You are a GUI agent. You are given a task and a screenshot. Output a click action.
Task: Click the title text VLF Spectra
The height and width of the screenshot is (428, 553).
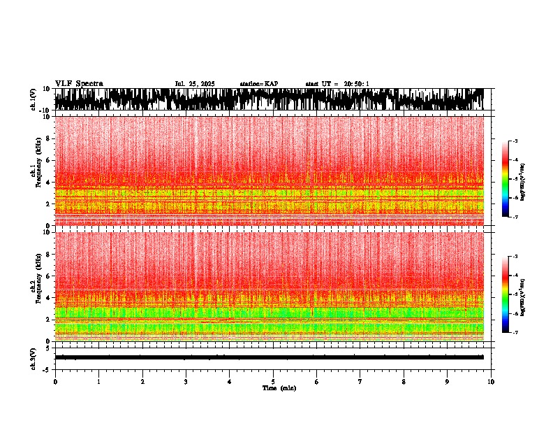click(x=79, y=84)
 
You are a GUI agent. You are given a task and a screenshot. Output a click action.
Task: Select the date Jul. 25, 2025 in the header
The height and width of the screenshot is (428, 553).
click(x=195, y=84)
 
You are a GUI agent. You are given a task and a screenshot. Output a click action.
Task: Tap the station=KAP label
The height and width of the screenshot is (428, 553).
click(x=258, y=84)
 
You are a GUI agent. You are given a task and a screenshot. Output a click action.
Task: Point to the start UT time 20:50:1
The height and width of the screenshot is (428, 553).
click(x=356, y=84)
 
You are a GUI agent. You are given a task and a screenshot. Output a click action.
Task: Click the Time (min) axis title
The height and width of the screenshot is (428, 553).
click(x=279, y=388)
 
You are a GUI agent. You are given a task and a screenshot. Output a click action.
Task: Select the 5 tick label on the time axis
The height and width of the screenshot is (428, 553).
click(x=273, y=382)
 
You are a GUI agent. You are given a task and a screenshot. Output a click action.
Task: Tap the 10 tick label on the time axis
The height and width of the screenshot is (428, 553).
click(x=491, y=382)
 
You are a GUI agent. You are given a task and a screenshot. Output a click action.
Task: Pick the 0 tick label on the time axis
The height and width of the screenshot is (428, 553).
click(x=55, y=382)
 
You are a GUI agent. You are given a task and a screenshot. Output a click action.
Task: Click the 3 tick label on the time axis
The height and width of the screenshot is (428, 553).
click(x=186, y=382)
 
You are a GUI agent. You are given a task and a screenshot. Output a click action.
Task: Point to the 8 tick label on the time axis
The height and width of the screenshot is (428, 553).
click(x=404, y=382)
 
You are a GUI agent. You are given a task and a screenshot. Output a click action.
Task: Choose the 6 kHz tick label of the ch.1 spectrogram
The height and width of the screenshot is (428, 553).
click(x=49, y=160)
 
